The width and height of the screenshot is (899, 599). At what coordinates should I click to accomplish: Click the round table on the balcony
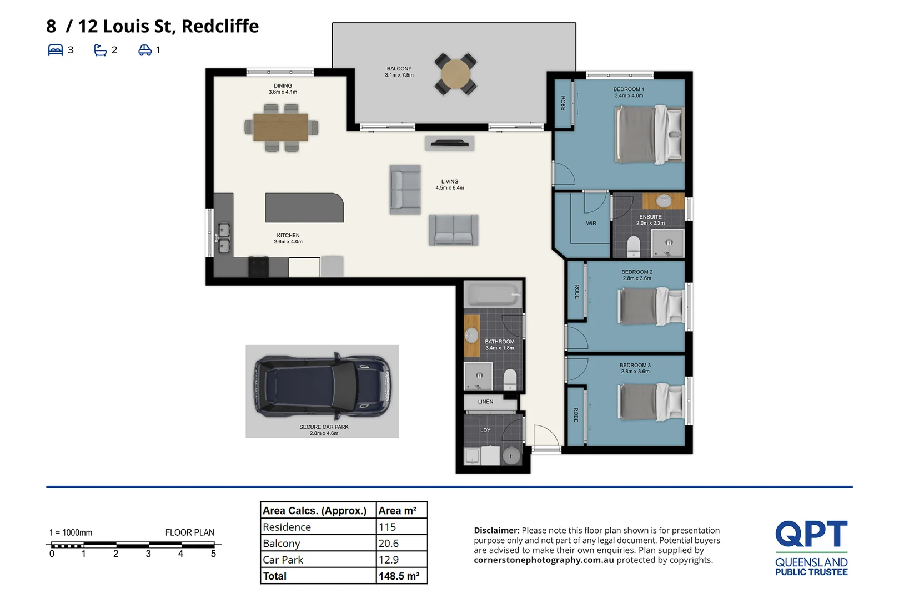(455, 74)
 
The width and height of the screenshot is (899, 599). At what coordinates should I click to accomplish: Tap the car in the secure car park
(322, 385)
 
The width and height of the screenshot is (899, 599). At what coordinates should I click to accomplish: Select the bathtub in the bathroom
(493, 295)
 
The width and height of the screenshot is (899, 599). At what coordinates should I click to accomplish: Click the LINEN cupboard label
(486, 402)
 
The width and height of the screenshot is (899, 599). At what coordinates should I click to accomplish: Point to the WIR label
(591, 224)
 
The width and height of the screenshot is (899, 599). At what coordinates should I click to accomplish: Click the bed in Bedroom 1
(649, 134)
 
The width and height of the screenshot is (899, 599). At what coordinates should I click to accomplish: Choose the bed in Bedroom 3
(651, 402)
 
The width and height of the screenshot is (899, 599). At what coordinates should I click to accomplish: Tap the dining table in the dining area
(280, 128)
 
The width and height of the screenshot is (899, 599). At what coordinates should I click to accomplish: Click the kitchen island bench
(304, 207)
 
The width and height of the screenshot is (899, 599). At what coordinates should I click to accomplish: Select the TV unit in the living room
(450, 143)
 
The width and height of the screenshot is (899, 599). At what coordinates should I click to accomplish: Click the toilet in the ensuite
(634, 246)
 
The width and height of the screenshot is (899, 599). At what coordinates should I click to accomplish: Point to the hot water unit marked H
(511, 456)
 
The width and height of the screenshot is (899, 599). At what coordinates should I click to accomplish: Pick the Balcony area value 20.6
(388, 544)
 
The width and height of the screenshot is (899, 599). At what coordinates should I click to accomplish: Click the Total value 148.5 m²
(399, 576)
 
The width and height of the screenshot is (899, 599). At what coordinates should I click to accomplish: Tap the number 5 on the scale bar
(213, 554)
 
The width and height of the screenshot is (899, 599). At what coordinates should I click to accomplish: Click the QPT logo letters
(811, 534)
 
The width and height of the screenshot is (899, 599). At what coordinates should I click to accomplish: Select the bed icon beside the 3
(56, 50)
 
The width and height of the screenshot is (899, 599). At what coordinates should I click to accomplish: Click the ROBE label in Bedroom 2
(577, 292)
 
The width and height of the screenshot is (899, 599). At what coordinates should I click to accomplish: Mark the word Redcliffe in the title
(220, 27)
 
